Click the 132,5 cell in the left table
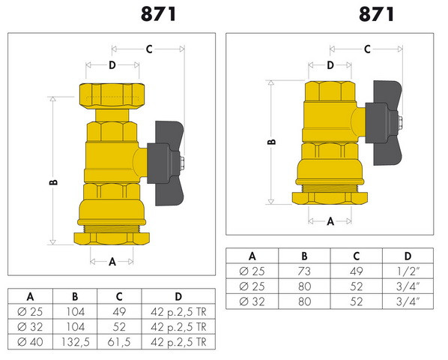75,342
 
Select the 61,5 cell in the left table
119,342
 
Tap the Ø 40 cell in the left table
30,342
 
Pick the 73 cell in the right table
304,271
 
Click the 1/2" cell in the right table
408,271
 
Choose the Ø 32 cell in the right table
252,301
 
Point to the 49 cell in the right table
357,271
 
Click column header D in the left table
178,296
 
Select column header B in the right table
304,256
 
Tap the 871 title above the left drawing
159,14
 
